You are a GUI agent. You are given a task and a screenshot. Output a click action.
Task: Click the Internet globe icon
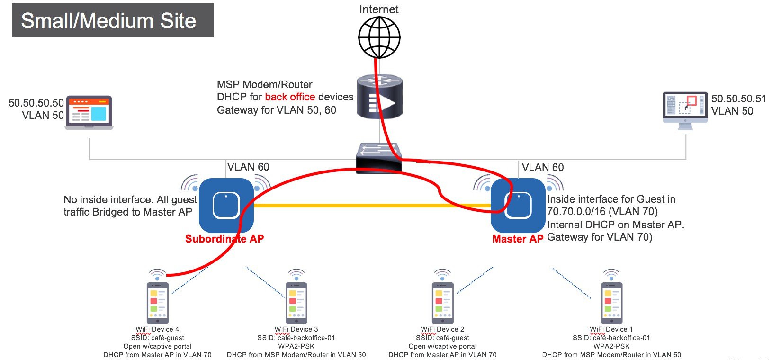(379, 37)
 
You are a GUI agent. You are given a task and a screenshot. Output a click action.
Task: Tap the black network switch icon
(379, 157)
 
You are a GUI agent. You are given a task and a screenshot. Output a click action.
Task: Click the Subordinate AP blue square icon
(226, 206)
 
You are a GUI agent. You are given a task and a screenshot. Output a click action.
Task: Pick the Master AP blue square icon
(518, 206)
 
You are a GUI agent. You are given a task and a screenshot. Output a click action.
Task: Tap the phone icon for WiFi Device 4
(158, 302)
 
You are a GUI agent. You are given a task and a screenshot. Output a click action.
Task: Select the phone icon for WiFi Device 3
(296, 302)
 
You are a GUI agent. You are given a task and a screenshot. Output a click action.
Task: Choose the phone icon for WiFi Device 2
(442, 302)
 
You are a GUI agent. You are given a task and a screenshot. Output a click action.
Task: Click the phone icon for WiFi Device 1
(611, 302)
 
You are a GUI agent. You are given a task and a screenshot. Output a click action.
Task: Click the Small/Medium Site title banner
(113, 20)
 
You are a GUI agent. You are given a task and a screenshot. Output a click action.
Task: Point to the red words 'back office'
(290, 97)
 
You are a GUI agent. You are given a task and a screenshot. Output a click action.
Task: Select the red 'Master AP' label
(518, 239)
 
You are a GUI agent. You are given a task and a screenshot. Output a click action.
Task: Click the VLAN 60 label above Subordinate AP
(248, 167)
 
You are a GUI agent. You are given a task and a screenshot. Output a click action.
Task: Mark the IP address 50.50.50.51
(738, 99)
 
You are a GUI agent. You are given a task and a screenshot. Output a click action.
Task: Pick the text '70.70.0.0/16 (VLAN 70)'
(602, 211)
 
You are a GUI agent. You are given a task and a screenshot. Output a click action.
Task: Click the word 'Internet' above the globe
(379, 9)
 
